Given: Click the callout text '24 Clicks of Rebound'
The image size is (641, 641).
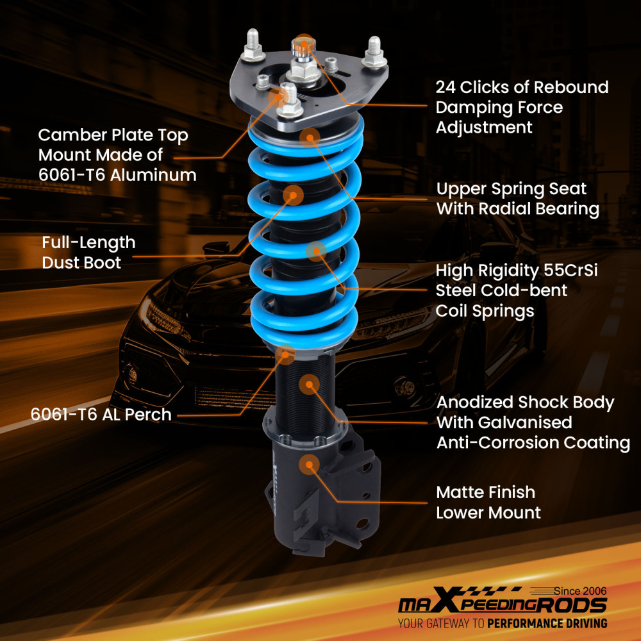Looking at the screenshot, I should pos(522,87).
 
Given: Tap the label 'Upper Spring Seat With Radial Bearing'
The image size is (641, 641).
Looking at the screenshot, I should pos(518,199).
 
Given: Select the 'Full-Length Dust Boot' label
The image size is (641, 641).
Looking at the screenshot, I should pos(88,252).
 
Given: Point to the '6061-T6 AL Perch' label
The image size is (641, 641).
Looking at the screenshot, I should pos(101,414).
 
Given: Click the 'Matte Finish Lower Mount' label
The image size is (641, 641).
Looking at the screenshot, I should pos(488,503).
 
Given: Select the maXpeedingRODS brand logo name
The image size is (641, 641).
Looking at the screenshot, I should pos(502,606).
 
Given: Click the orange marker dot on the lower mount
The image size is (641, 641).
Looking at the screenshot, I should pos(310,463).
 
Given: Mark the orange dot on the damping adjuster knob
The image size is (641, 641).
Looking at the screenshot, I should pos(304,43).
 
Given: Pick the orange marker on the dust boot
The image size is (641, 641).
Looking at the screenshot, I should pos(294,194).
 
